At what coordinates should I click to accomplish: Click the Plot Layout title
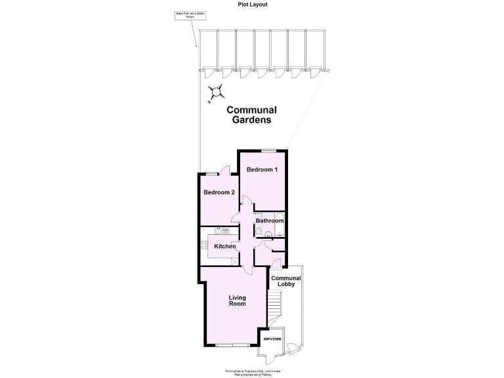(x=253, y=4)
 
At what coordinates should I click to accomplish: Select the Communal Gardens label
(x=251, y=115)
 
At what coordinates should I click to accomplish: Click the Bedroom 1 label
(x=262, y=170)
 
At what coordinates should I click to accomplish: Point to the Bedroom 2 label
(x=219, y=193)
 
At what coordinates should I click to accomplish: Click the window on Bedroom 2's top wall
(x=211, y=173)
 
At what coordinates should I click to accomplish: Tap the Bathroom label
(x=269, y=221)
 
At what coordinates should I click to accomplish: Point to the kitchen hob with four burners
(x=203, y=246)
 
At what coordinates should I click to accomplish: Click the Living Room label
(x=237, y=301)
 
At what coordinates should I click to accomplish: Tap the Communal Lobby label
(x=286, y=282)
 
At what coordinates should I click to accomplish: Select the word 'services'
(x=272, y=339)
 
